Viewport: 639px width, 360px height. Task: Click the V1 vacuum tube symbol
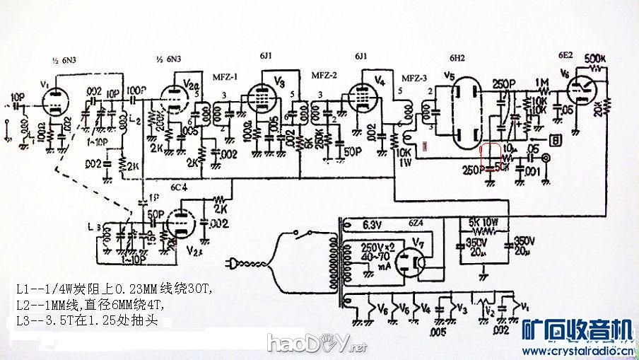(54, 100)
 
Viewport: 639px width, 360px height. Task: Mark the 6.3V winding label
(372, 224)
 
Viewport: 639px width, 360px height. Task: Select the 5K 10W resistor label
(485, 220)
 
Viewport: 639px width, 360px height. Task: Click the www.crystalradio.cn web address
(576, 349)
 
